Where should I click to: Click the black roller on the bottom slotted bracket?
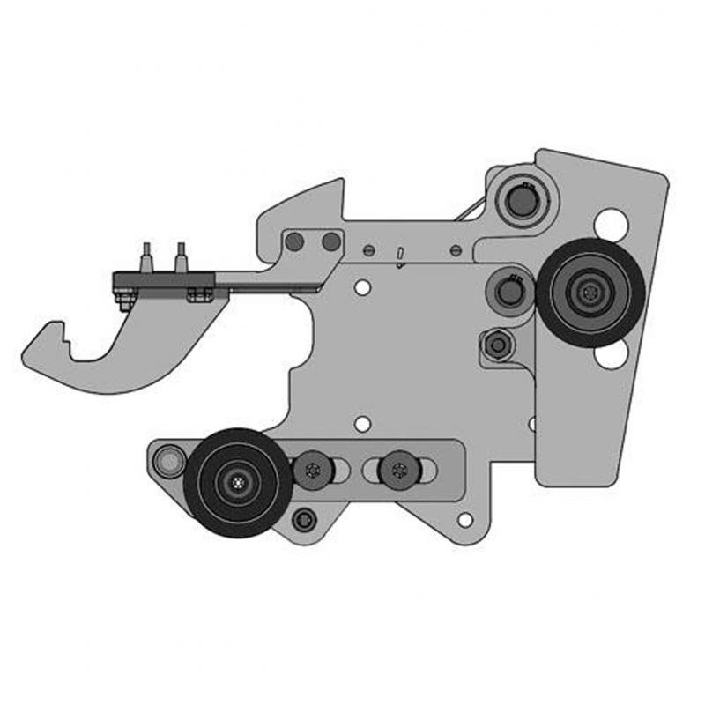[x=238, y=482]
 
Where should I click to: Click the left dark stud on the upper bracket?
[x=295, y=241]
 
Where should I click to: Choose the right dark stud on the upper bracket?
[x=331, y=241]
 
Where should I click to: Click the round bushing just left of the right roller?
[x=510, y=289]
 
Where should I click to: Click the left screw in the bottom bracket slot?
[x=313, y=471]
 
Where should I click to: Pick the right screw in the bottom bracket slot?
[x=398, y=471]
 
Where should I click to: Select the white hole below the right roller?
[x=609, y=355]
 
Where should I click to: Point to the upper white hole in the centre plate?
[x=360, y=287]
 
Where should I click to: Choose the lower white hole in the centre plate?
[x=361, y=424]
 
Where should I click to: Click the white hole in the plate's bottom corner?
[x=464, y=519]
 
